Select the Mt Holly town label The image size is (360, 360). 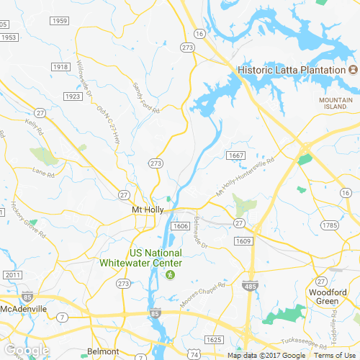point(148,210)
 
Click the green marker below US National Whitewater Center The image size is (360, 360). point(171,274)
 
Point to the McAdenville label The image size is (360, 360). point(24,308)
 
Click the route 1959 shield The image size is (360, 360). point(60,21)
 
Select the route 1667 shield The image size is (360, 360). point(235,156)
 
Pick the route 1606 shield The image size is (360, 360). point(180,226)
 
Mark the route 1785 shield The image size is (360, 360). point(330,225)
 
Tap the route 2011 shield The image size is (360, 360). point(12,275)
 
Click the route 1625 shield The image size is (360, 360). point(214,338)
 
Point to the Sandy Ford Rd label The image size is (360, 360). point(145,97)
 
